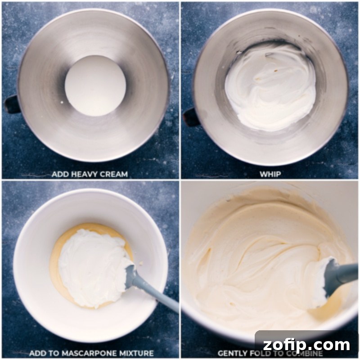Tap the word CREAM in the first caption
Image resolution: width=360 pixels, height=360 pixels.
112,174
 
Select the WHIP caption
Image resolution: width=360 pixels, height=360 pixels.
270,174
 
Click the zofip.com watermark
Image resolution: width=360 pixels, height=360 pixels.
307,346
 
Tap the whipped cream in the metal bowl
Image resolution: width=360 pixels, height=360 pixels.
270,85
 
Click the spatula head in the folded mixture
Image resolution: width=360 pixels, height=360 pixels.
325,281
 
